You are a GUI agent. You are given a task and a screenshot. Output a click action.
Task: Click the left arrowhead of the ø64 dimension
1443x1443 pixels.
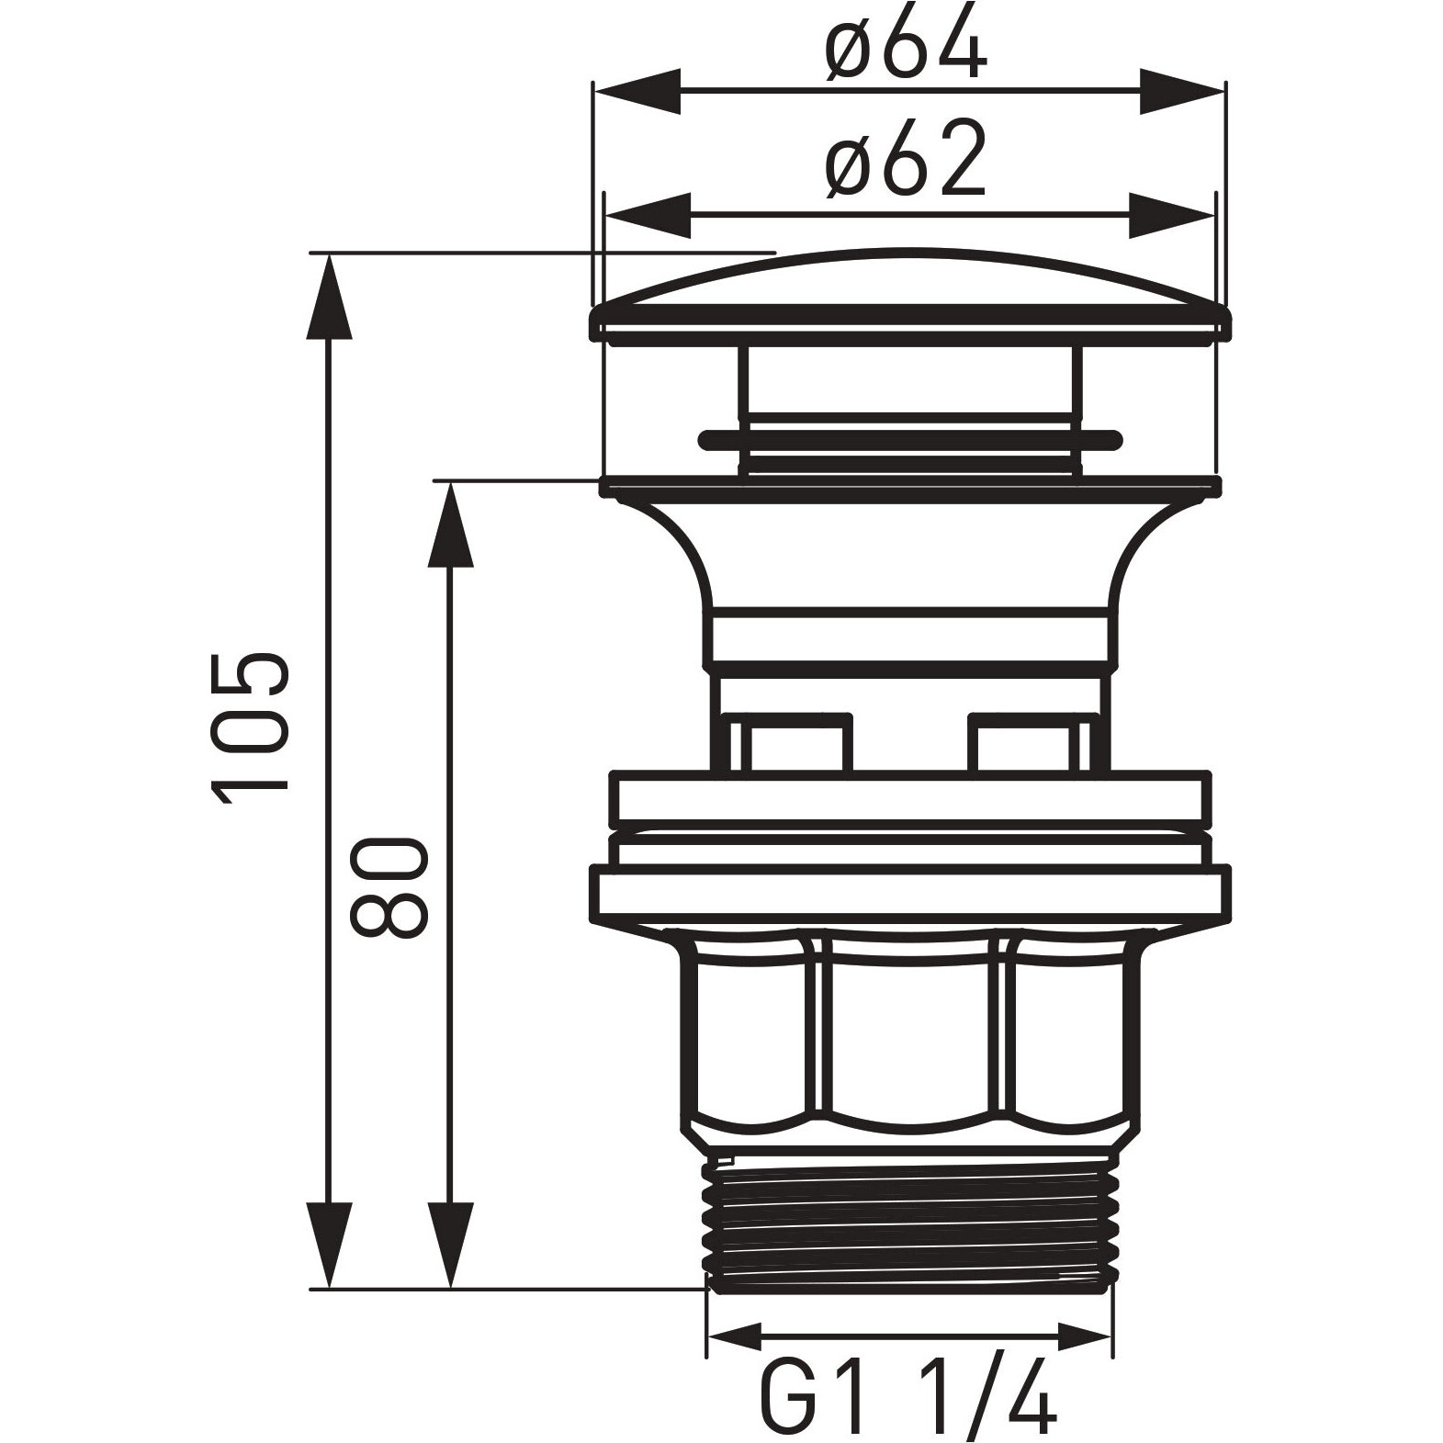coord(637,91)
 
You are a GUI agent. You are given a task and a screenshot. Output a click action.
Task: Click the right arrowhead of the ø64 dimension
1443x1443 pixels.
coord(1182,91)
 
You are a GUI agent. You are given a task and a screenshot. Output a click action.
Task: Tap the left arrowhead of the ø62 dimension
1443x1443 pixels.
coord(647,216)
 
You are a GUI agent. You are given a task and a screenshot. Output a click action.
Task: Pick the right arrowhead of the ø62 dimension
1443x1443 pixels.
coord(1172,216)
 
